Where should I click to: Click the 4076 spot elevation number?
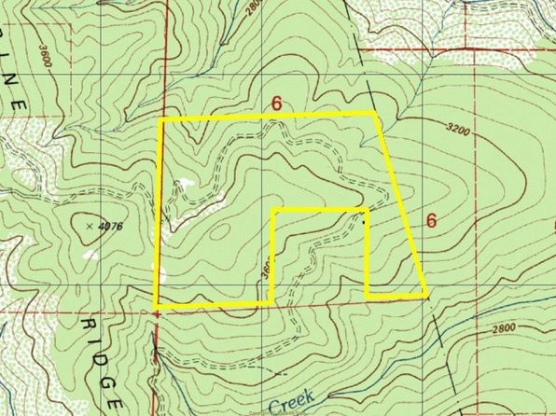pos(111,224)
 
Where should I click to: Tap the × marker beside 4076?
pos(89,225)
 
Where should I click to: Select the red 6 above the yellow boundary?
pos(276,103)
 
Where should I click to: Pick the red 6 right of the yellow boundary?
pos(430,221)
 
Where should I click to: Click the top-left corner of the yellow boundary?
pos(160,120)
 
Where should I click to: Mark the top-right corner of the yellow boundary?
pos(375,113)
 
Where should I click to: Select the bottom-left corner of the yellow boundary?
pos(156,306)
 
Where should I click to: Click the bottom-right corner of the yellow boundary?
pos(426,296)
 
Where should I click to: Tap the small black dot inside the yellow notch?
pos(363,222)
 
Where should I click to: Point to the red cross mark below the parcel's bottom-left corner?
pos(157,315)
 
